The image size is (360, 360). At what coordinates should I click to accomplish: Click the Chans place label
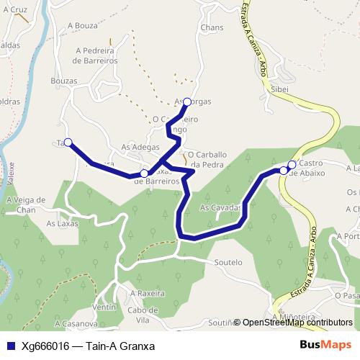coord(212,27)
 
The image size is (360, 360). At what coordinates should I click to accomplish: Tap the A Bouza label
coord(81,25)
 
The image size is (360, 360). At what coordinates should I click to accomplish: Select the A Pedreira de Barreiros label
coord(90,56)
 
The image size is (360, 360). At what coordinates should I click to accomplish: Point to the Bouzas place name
coord(64,81)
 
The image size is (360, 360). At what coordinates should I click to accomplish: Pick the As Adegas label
coord(140,147)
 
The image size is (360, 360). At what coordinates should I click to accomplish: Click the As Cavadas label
coord(219,207)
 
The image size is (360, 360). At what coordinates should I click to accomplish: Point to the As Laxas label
coord(62,224)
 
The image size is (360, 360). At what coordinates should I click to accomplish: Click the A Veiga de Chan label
coord(25,204)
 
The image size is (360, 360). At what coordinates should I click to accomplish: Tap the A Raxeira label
coord(148,294)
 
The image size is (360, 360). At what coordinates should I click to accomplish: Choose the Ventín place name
coord(104,307)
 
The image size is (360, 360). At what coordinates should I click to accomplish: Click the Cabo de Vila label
coord(143,315)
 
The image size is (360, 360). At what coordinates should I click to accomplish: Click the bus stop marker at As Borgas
coord(187,102)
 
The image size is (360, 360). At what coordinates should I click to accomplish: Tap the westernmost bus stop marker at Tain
coord(68,143)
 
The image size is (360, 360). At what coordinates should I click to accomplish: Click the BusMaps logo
coord(325,345)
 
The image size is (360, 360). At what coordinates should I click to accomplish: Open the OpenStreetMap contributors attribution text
coord(297,323)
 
